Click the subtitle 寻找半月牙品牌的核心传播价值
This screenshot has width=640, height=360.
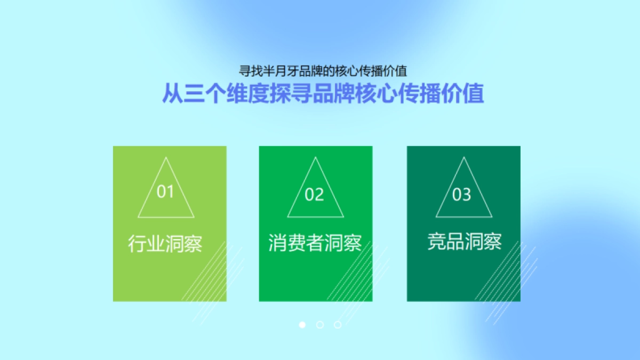click(x=323, y=71)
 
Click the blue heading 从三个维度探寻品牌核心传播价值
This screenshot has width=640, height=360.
click(x=323, y=93)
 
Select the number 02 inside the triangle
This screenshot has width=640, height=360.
click(x=314, y=195)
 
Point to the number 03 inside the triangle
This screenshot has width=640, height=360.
click(x=462, y=195)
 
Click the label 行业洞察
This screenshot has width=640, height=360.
click(x=165, y=244)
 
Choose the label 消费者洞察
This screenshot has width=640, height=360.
click(x=315, y=244)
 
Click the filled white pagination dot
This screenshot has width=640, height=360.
click(x=302, y=324)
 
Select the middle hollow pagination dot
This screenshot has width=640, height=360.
click(x=320, y=324)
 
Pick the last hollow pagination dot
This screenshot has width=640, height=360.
click(x=338, y=324)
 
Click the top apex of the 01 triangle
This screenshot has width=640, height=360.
click(x=166, y=157)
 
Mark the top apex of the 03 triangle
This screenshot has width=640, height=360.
click(x=464, y=157)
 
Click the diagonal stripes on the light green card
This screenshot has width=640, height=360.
click(x=211, y=277)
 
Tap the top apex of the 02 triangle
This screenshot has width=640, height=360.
click(x=316, y=157)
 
